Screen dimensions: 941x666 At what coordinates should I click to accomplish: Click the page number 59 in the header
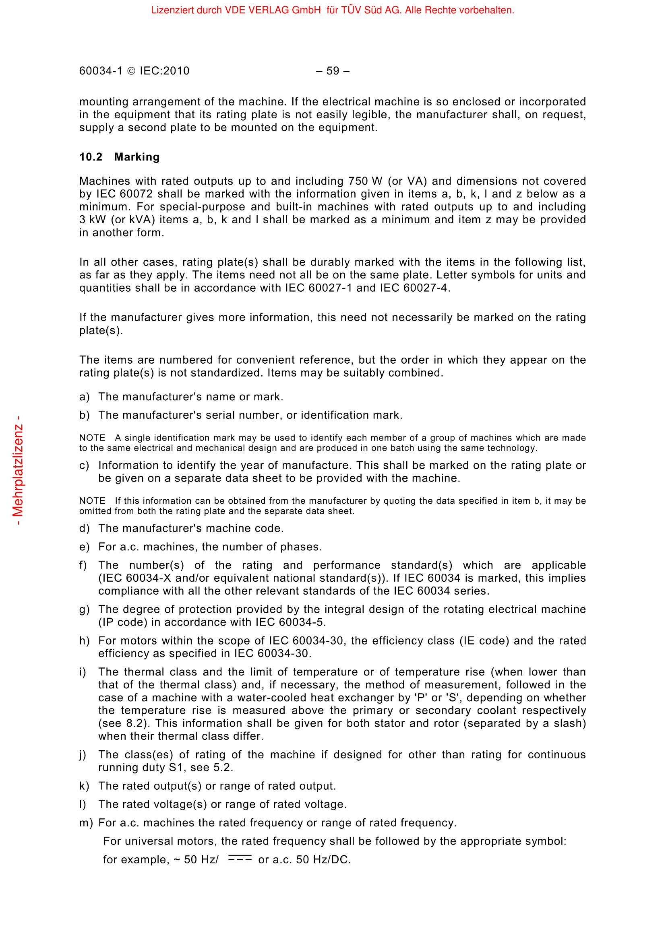pyautogui.click(x=333, y=71)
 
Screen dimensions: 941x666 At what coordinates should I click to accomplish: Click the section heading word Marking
pyautogui.click(x=137, y=157)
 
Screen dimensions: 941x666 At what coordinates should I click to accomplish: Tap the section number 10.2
pyautogui.click(x=91, y=157)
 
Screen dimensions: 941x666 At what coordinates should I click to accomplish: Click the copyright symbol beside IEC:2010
pyautogui.click(x=131, y=71)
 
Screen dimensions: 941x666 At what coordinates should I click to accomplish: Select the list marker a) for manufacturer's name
pyautogui.click(x=85, y=397)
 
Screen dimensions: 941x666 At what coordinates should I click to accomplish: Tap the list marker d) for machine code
pyautogui.click(x=85, y=528)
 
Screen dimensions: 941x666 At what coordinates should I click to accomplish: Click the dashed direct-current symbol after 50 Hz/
pyautogui.click(x=240, y=858)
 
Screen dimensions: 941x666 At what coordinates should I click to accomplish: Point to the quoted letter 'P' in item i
pyautogui.click(x=421, y=698)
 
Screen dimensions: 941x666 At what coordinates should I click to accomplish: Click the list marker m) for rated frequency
pyautogui.click(x=86, y=823)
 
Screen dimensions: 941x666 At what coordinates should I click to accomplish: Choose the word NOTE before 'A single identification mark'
pyautogui.click(x=92, y=438)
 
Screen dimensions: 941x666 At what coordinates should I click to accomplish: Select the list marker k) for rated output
pyautogui.click(x=84, y=786)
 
